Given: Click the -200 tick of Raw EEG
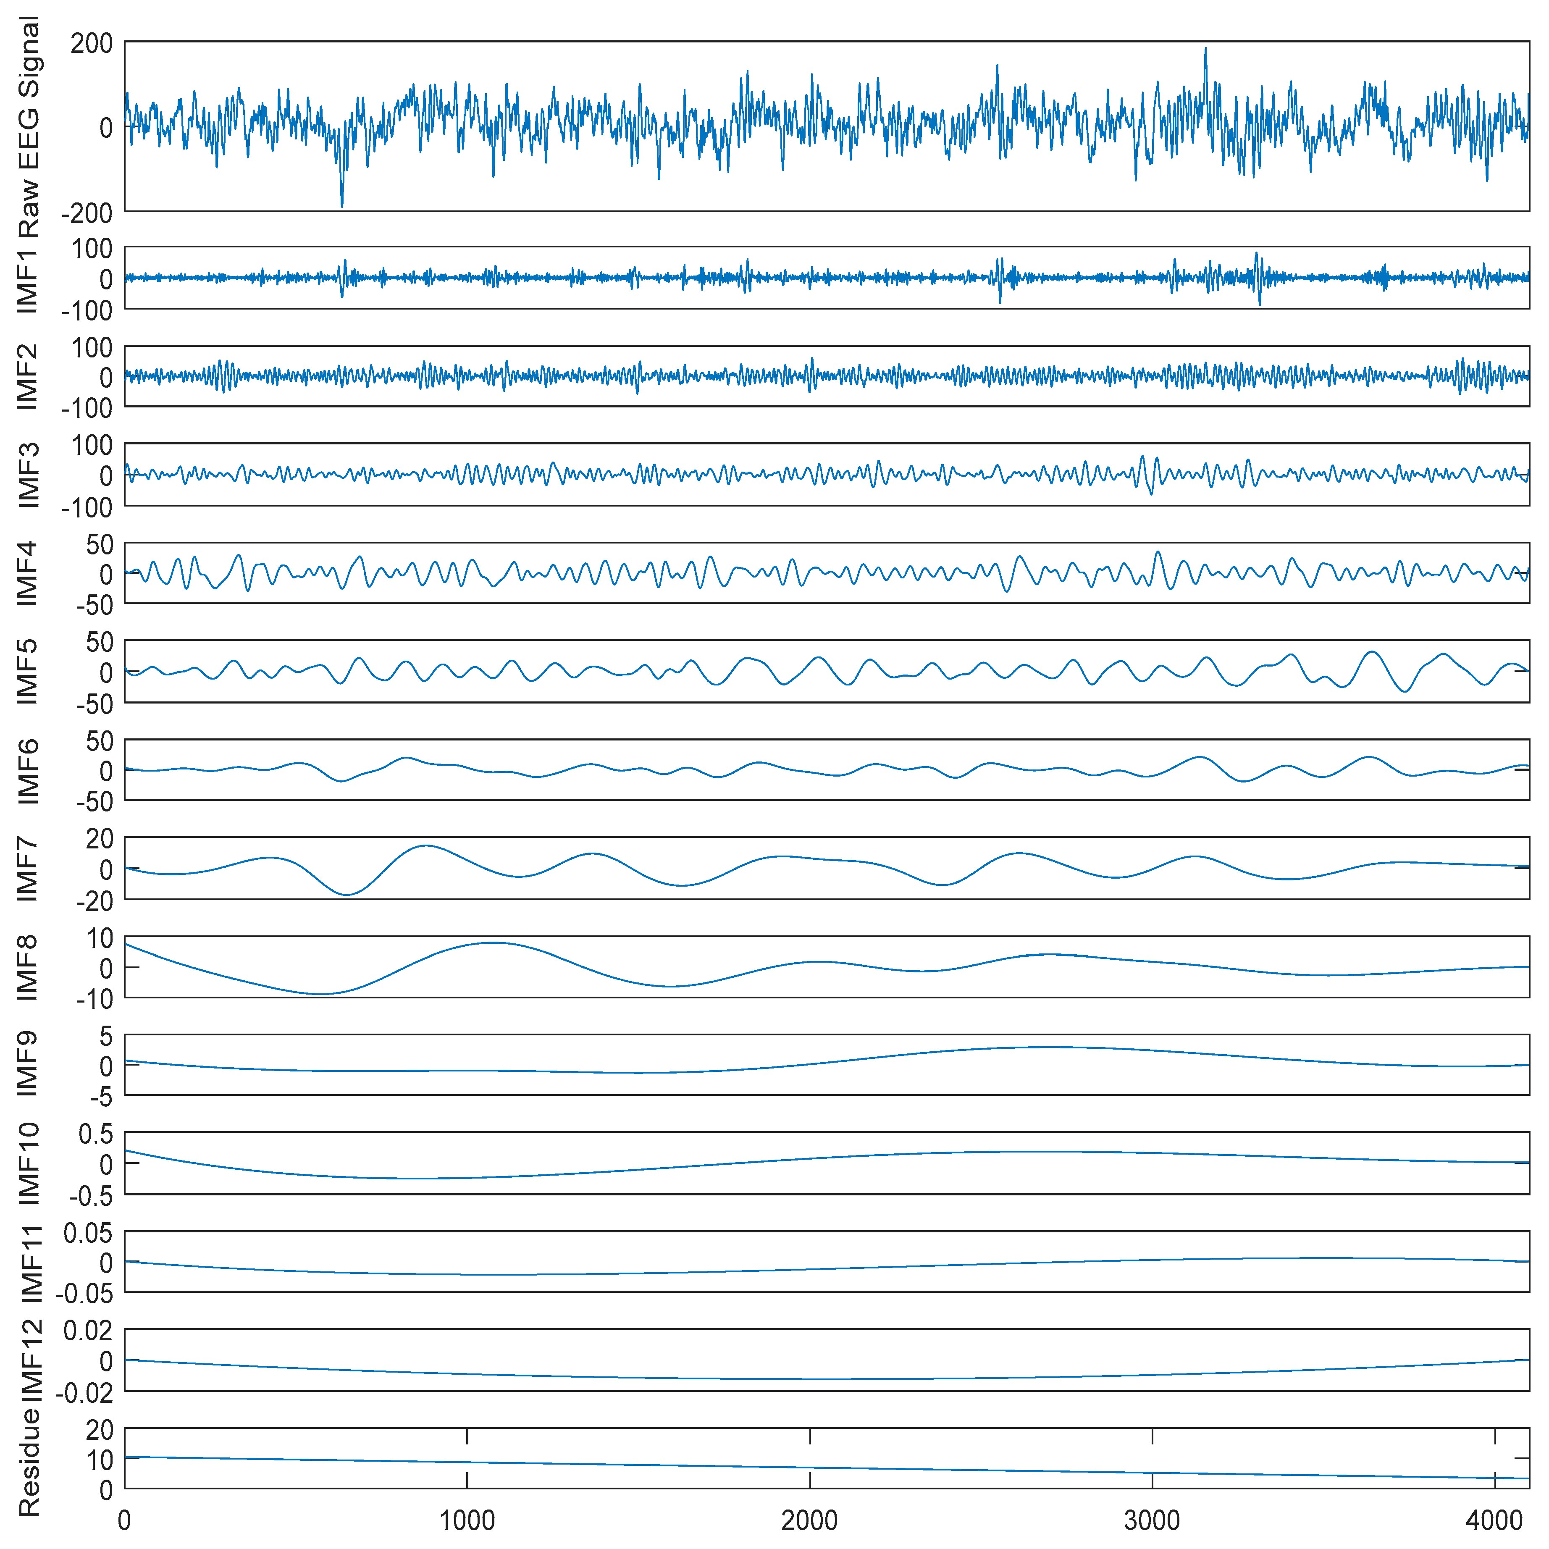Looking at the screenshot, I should [87, 213].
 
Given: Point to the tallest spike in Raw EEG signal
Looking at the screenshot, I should [1205, 48].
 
